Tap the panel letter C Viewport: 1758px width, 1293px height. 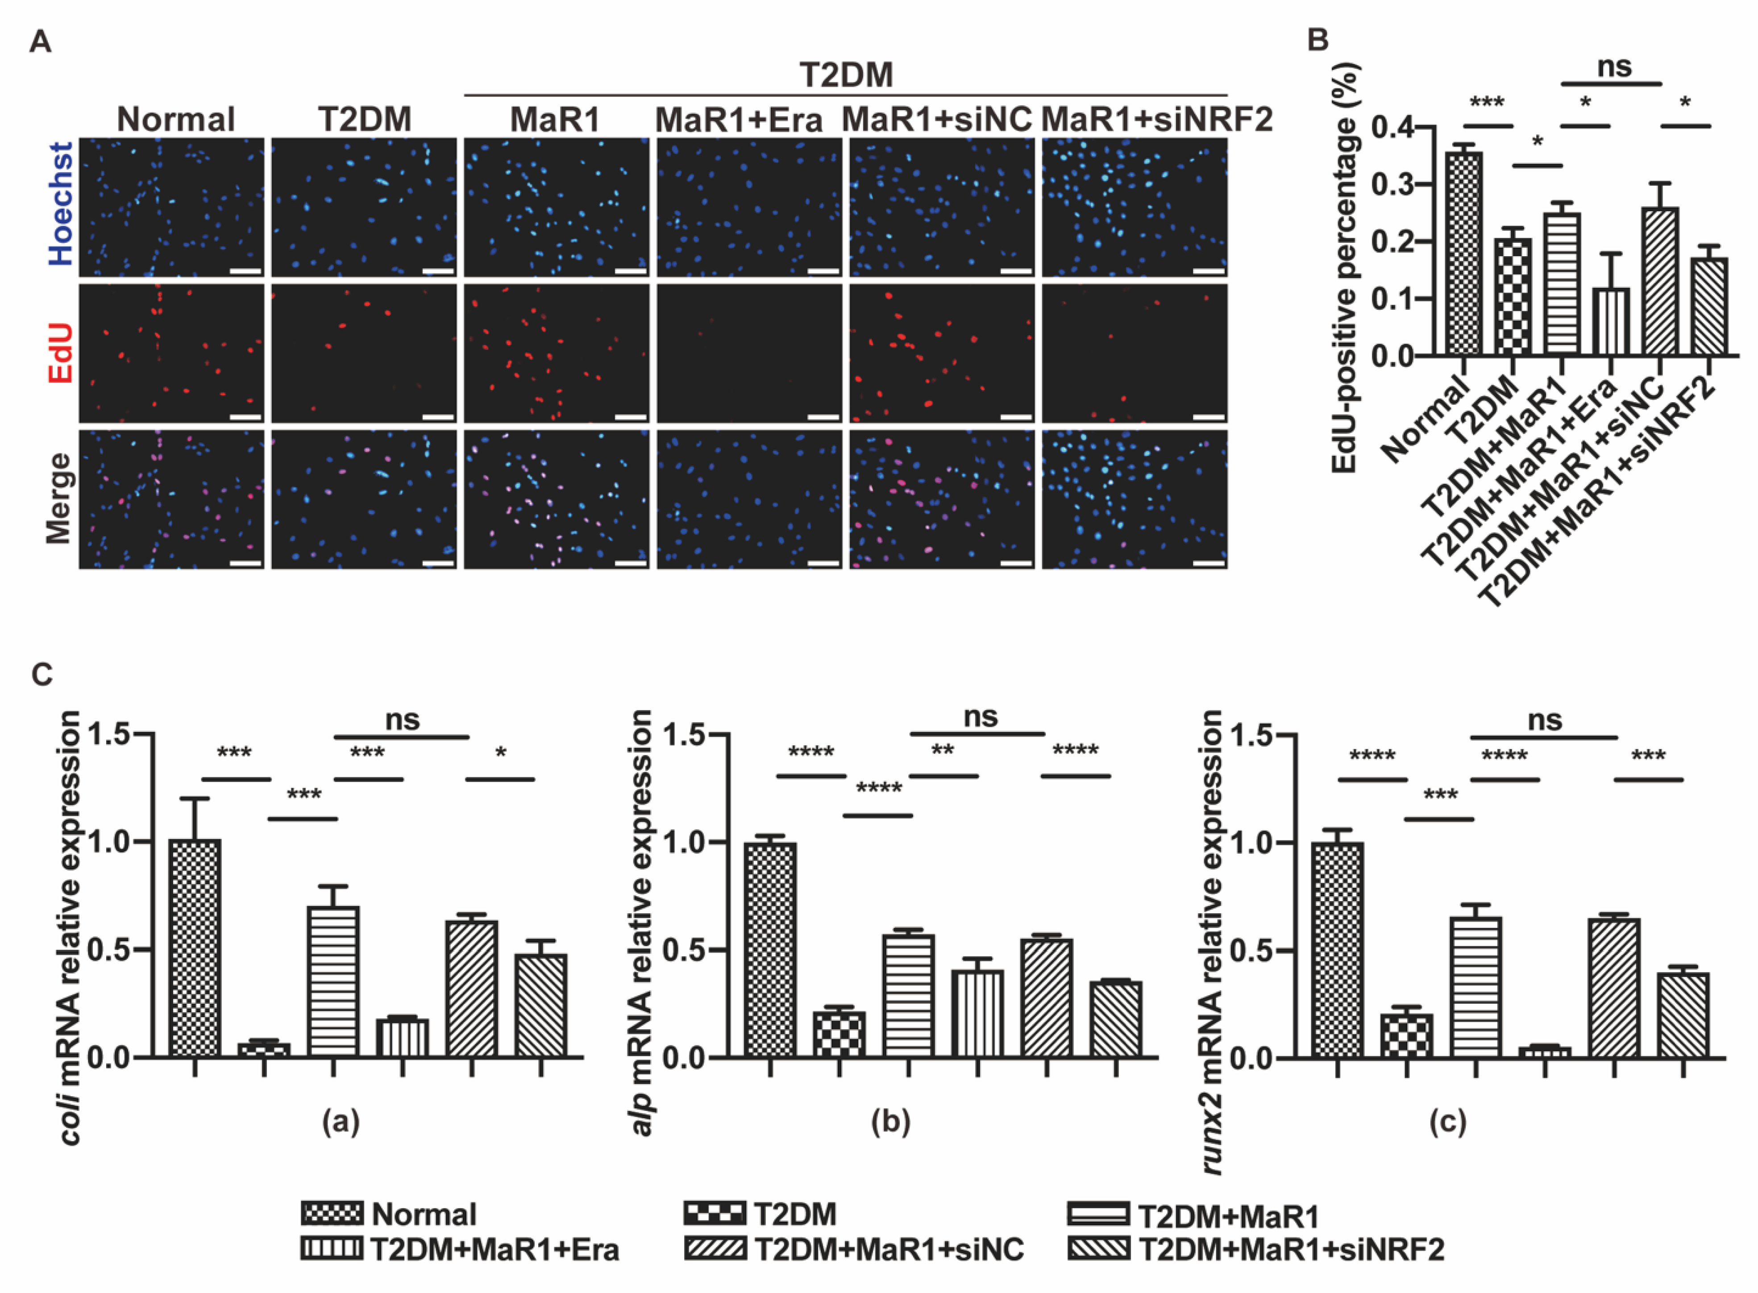pyautogui.click(x=42, y=675)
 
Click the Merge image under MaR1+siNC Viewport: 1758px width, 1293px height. pyautogui.click(x=942, y=499)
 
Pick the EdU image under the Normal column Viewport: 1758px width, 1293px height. pyautogui.click(x=171, y=353)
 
